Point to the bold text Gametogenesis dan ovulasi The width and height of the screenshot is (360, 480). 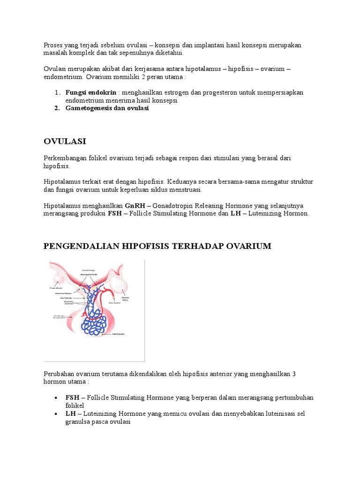pos(107,108)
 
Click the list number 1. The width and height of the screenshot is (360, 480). pos(57,92)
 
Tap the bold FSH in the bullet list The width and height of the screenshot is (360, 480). pos(73,397)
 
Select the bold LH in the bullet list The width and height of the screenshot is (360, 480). pos(71,414)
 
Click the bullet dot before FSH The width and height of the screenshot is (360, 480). pos(56,398)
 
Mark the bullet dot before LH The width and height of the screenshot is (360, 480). pos(56,414)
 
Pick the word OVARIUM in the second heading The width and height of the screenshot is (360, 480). pos(250,246)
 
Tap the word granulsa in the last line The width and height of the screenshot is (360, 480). pos(80,421)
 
